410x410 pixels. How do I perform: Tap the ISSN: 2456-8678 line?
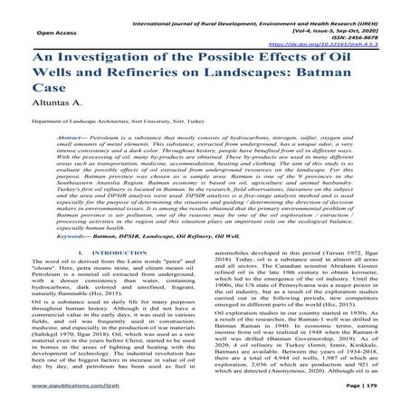[358, 33]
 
